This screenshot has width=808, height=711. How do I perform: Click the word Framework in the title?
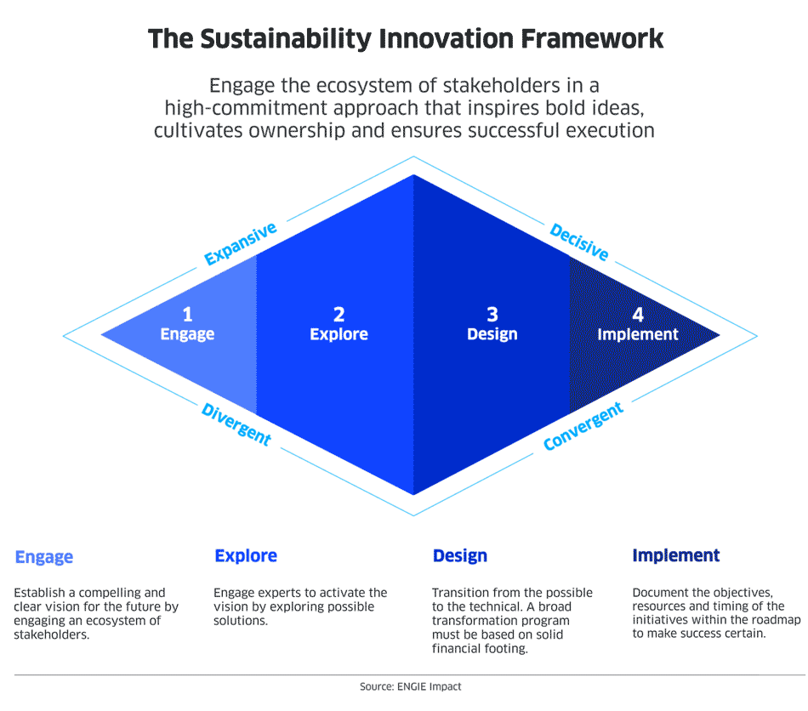[592, 38]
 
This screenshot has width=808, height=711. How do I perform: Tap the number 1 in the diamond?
[188, 315]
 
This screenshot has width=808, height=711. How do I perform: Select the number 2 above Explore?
[339, 315]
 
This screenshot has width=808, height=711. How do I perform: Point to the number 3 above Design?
[492, 315]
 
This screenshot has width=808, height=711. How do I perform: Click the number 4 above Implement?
[638, 315]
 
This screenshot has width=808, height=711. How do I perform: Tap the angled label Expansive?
[241, 244]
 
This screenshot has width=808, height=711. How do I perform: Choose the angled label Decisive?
[579, 242]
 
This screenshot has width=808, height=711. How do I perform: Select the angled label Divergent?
[236, 424]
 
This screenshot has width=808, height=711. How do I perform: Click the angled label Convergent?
[583, 427]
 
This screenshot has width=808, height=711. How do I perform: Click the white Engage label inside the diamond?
[188, 334]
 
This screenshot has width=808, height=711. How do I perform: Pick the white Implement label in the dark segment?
[638, 334]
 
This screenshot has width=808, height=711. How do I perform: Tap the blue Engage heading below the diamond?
[43, 557]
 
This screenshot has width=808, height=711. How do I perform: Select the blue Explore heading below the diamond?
[246, 556]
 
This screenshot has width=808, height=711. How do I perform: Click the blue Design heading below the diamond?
[459, 556]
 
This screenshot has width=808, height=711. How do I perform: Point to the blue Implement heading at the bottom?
[675, 555]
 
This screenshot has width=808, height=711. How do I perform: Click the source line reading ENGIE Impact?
[411, 687]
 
